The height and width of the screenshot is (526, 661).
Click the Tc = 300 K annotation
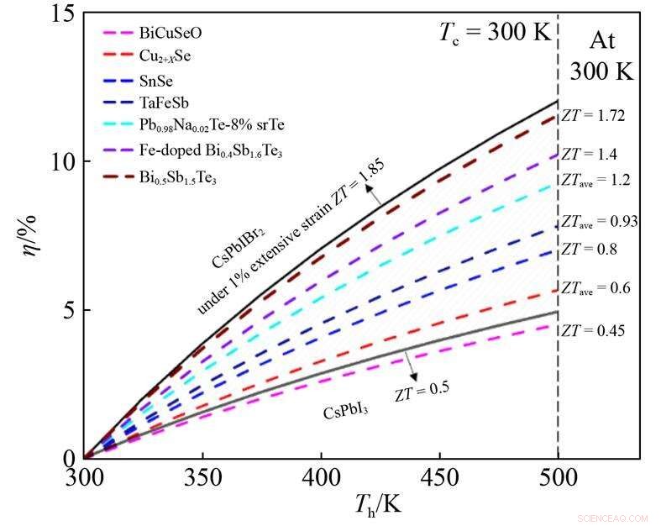(495, 33)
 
